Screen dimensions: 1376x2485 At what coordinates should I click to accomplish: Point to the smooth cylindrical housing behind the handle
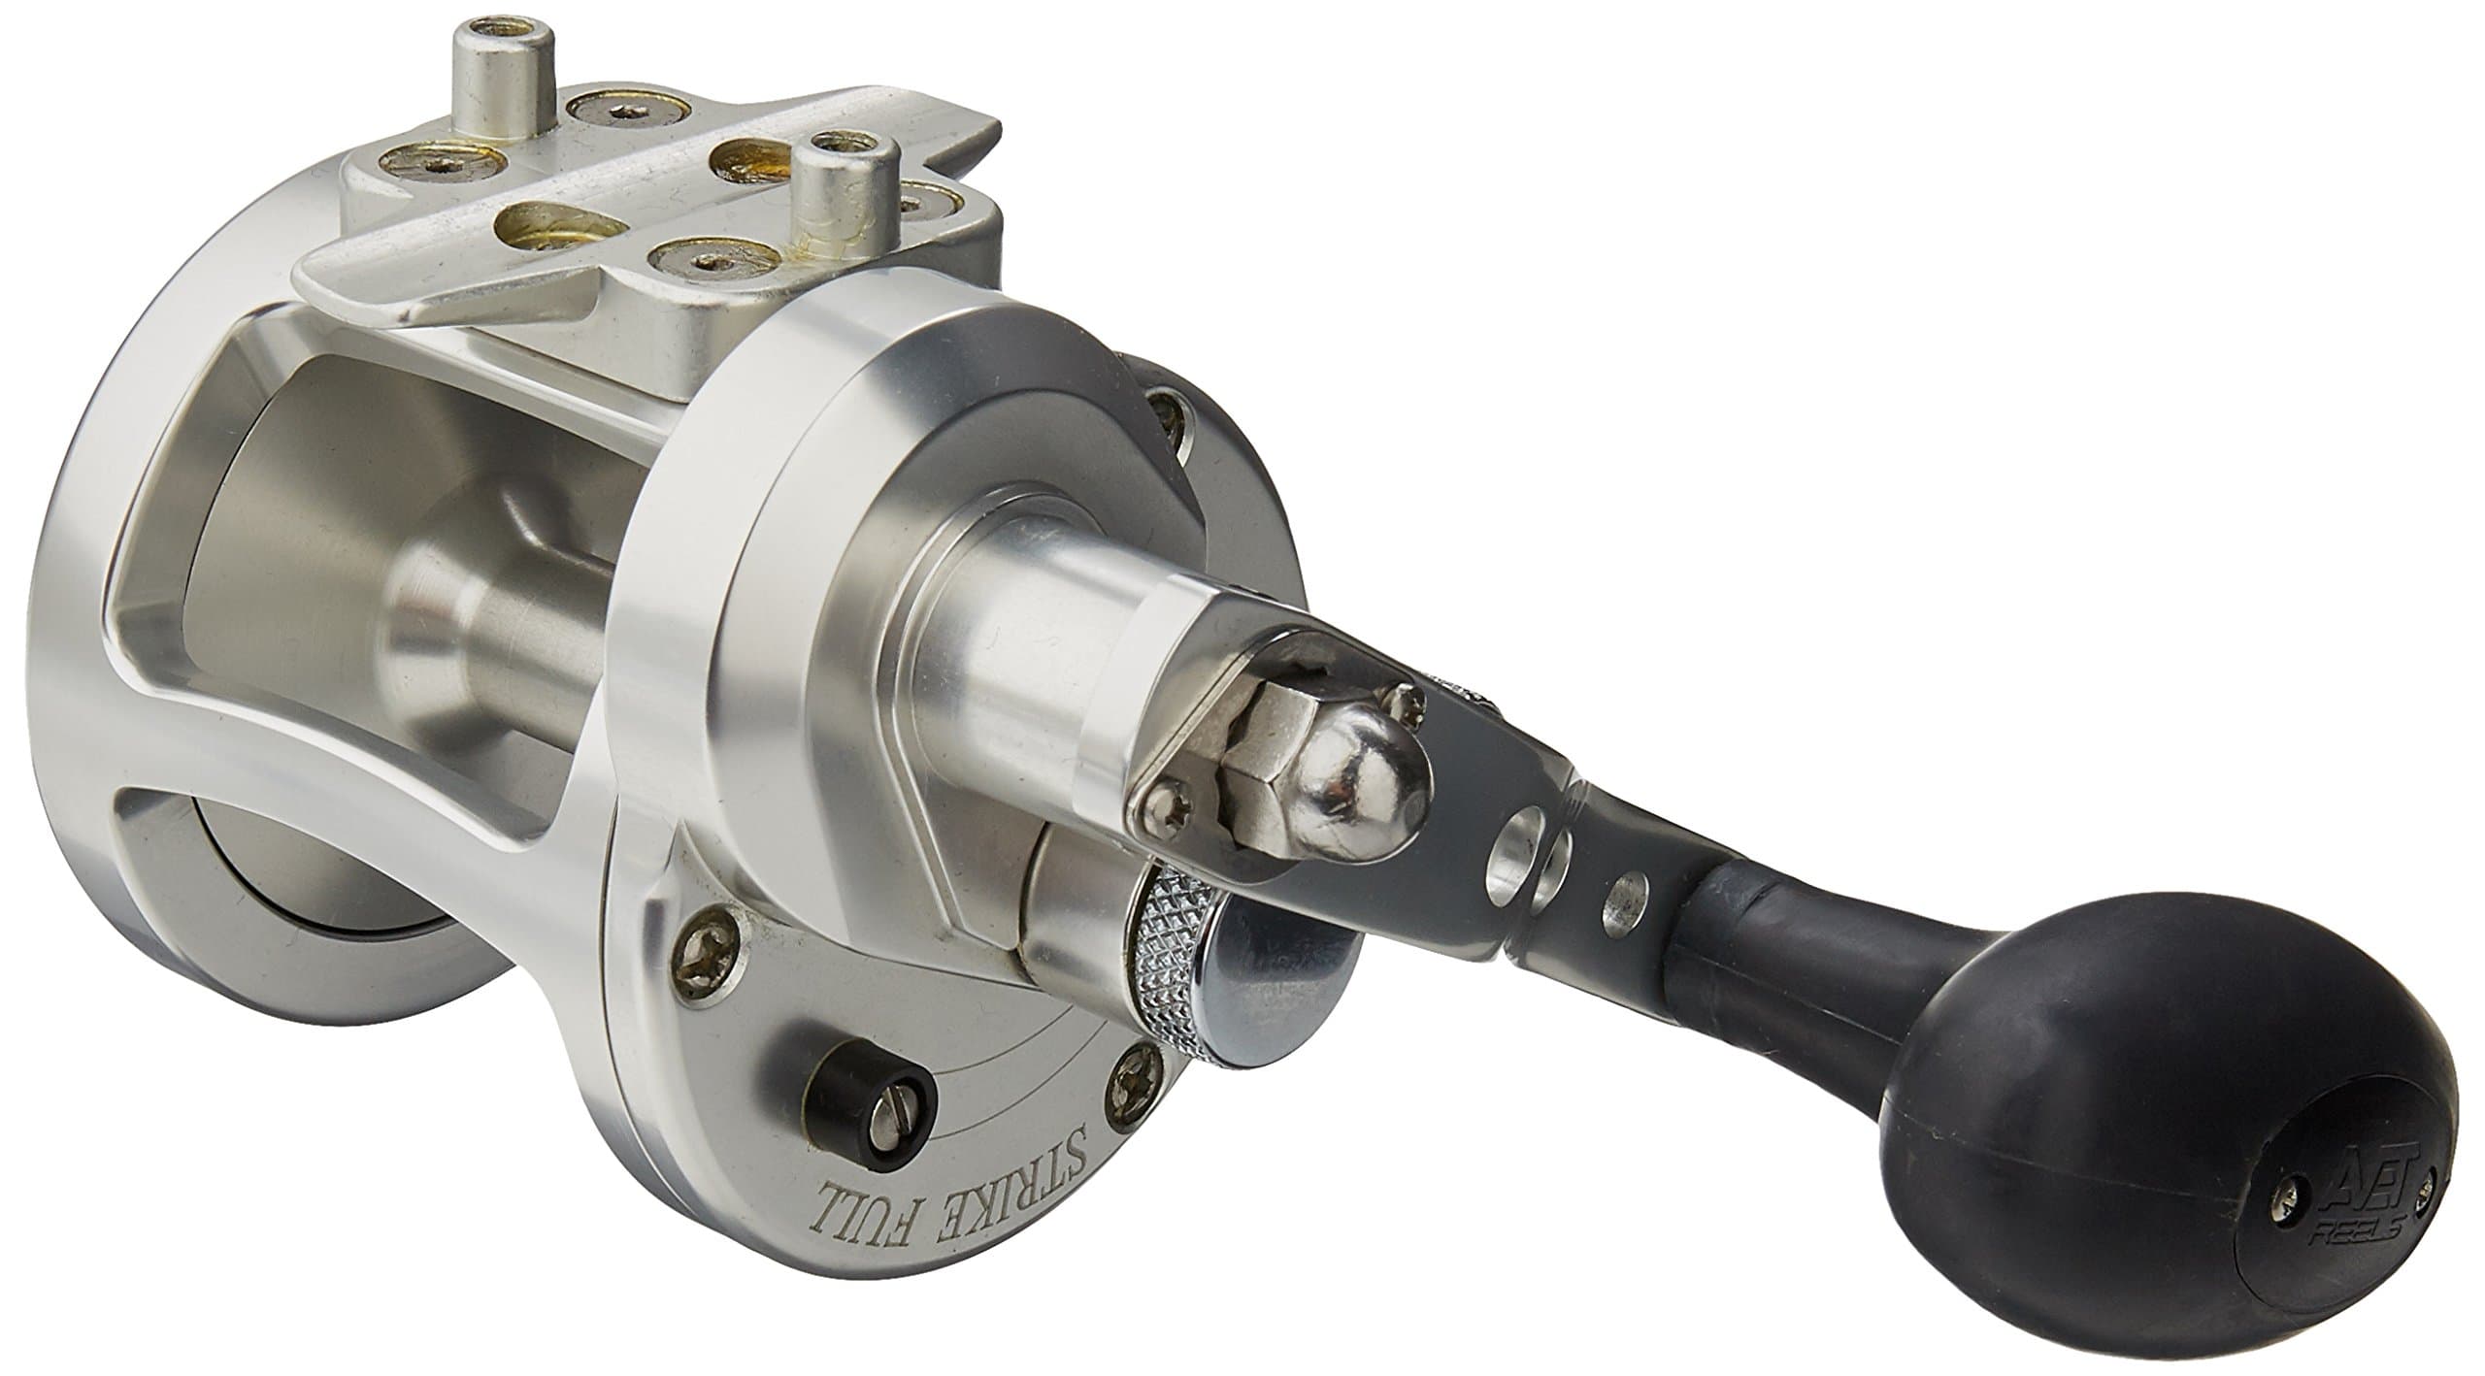click(x=1039, y=621)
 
